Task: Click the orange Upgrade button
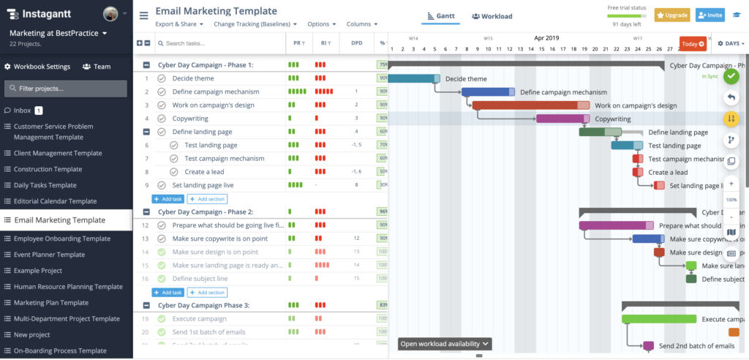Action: click(671, 15)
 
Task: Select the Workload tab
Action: click(492, 16)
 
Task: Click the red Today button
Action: click(693, 44)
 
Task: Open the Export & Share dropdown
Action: click(180, 24)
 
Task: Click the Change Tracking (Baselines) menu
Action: click(255, 24)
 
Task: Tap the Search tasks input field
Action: click(219, 44)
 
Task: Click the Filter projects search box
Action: click(66, 89)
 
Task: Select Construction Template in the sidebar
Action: click(48, 169)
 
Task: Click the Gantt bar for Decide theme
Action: click(413, 79)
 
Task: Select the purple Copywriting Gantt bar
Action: click(562, 119)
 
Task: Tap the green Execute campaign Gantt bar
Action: click(658, 319)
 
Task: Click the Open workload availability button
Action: click(444, 344)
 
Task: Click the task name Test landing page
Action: click(211, 145)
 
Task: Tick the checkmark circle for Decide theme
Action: click(162, 79)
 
